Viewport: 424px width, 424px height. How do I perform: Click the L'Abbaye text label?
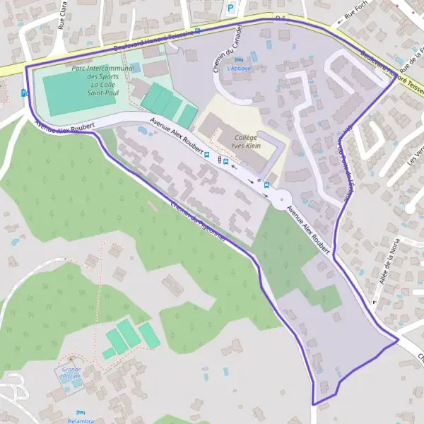click(x=238, y=69)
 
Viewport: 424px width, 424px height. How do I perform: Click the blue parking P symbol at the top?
click(x=231, y=8)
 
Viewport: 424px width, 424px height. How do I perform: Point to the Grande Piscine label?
click(x=71, y=372)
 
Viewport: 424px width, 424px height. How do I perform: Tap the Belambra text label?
click(x=80, y=420)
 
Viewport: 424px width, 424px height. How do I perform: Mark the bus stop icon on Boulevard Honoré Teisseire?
click(x=197, y=30)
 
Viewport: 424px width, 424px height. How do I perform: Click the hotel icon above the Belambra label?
click(x=79, y=412)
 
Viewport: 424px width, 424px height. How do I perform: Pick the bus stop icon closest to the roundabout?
click(x=225, y=161)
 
